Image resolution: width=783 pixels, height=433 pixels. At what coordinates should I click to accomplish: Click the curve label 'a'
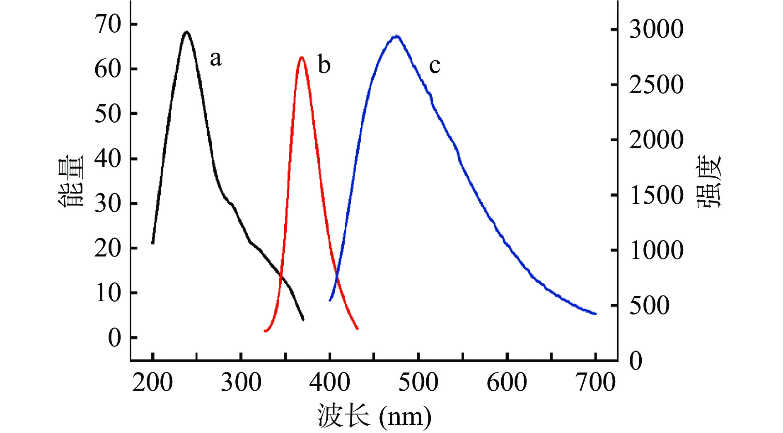pyautogui.click(x=215, y=59)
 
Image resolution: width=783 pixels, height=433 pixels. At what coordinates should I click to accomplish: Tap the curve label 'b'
pyautogui.click(x=324, y=65)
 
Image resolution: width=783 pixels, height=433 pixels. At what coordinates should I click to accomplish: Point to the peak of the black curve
pyautogui.click(x=186, y=32)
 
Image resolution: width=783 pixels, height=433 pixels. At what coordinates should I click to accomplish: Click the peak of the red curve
pyautogui.click(x=302, y=58)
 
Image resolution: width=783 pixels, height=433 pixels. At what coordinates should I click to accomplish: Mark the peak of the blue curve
pyautogui.click(x=396, y=36)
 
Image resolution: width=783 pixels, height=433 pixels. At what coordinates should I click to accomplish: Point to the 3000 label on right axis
pyautogui.click(x=656, y=29)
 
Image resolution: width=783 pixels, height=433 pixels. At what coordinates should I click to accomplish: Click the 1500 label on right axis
pyautogui.click(x=656, y=195)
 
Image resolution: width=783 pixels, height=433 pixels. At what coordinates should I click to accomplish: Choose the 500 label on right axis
pyautogui.click(x=649, y=306)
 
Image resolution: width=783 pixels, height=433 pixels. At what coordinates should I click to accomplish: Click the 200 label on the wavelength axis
pyautogui.click(x=152, y=382)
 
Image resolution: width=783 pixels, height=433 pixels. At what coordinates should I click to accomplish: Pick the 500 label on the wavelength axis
pyautogui.click(x=418, y=382)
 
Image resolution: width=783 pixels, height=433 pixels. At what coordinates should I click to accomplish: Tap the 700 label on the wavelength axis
pyautogui.click(x=596, y=382)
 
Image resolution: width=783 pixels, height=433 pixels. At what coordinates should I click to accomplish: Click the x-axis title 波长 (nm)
pyautogui.click(x=374, y=416)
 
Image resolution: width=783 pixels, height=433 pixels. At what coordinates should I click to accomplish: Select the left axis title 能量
pyautogui.click(x=70, y=181)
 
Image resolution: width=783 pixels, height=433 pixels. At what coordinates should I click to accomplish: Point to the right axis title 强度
pyautogui.click(x=709, y=181)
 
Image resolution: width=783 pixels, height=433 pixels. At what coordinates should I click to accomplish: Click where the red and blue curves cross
pyautogui.click(x=336, y=277)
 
